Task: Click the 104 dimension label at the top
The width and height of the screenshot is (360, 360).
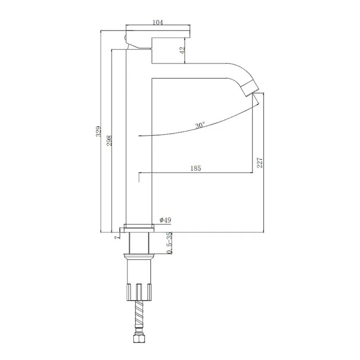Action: pos(158,22)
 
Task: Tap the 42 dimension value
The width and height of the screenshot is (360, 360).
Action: pos(182,50)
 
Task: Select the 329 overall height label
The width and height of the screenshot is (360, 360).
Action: pos(98,131)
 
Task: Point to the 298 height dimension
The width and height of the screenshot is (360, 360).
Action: pos(109,140)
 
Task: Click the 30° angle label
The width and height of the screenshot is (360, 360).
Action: pos(200,126)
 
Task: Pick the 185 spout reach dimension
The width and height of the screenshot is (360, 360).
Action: pos(196,168)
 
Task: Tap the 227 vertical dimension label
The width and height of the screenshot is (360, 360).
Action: pos(260,162)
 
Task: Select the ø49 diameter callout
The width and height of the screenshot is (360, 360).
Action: pos(165,220)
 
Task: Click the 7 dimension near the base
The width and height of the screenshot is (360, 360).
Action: pos(117,237)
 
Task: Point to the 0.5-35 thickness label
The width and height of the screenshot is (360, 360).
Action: pos(169,243)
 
